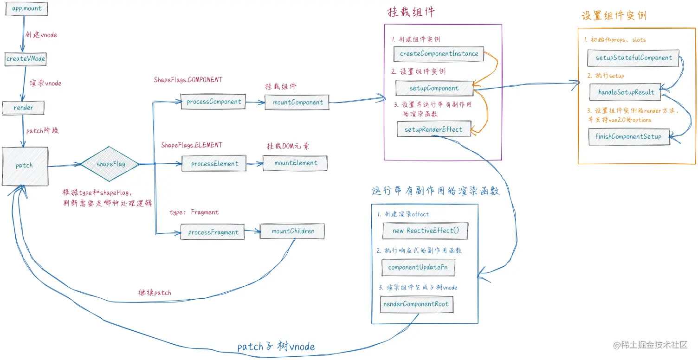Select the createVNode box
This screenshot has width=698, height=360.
pos(26,59)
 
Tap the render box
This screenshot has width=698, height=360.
pos(24,108)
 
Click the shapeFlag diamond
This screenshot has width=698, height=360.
pos(110,164)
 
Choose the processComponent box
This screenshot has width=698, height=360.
pos(213,102)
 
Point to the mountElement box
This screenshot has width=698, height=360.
pos(296,163)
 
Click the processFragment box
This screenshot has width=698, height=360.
pos(213,232)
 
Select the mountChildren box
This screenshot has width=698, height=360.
pos(292,231)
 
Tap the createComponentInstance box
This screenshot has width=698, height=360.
pos(439,54)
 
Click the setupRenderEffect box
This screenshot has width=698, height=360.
pos(433,129)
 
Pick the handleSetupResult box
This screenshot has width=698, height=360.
pos(626,92)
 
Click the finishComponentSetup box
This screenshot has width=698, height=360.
pos(628,136)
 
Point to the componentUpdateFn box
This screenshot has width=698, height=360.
pos(418,268)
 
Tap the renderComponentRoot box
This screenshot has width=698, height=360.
pos(417,305)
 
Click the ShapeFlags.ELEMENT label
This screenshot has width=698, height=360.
pos(192,145)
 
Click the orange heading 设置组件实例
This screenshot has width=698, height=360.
pos(614,15)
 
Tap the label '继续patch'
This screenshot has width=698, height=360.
pos(155,293)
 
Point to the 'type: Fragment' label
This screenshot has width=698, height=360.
pos(194,212)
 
